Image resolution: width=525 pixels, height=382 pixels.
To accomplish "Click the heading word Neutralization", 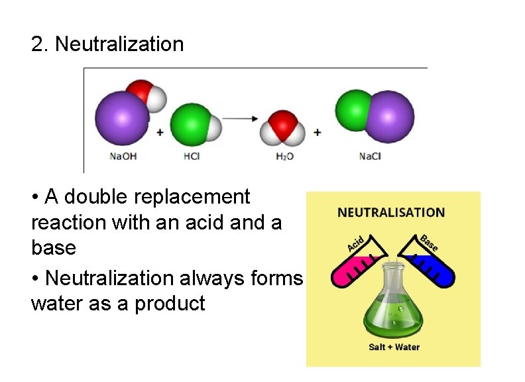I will (x=119, y=44).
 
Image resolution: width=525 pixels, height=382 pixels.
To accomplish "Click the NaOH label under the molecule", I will (x=123, y=157).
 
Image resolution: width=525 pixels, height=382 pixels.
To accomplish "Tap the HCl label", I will (x=192, y=157).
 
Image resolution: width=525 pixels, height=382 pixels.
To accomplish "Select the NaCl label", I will (x=370, y=157).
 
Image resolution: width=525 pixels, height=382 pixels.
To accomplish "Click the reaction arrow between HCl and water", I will (x=241, y=119).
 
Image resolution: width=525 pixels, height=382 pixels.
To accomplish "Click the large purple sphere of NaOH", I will (x=123, y=118).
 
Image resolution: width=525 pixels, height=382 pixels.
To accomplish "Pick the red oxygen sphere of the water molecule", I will (x=283, y=124).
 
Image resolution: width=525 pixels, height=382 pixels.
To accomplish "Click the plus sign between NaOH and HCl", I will (x=160, y=133).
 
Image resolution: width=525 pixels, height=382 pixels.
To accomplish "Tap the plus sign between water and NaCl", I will (x=318, y=133).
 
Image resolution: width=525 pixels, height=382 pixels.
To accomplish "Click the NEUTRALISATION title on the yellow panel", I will (x=391, y=213).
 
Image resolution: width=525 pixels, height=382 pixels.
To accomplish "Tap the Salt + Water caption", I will (x=394, y=347).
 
